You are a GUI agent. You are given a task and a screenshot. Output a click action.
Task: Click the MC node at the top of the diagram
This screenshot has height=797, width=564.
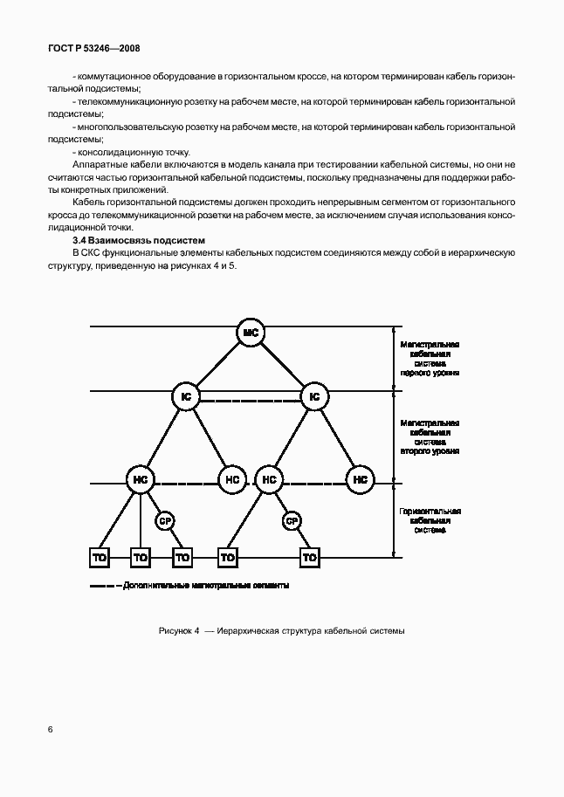251,333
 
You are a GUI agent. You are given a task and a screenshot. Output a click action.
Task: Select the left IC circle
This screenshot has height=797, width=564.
186,396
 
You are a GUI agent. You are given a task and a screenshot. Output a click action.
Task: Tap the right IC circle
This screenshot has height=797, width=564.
314,396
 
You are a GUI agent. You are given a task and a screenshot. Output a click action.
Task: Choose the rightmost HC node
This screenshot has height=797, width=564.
359,479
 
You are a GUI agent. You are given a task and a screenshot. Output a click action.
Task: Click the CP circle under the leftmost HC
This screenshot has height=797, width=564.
164,521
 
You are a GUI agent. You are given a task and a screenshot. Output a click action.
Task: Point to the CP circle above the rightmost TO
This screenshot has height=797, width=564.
292,521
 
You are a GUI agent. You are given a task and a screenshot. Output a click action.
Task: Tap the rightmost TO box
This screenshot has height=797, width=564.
309,556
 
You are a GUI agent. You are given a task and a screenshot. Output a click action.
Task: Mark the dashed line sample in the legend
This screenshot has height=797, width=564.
105,585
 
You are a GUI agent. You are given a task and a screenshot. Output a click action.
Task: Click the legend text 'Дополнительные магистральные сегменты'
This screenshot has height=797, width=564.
207,585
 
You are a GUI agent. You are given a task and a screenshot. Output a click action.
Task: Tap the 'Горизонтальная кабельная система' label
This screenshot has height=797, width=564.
430,520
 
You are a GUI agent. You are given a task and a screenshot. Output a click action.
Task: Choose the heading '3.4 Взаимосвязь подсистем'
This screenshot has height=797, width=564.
138,239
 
